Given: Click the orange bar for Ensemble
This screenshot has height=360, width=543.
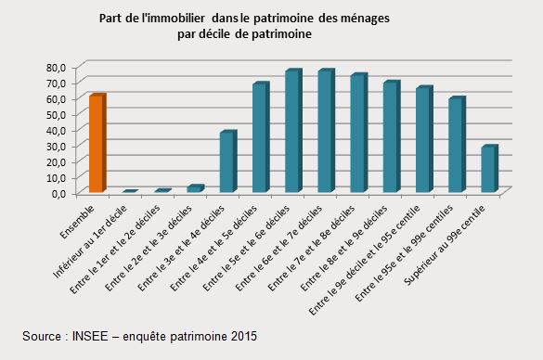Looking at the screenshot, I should pyautogui.click(x=97, y=144).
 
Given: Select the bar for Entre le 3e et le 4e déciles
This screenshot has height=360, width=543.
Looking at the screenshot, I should pyautogui.click(x=226, y=162).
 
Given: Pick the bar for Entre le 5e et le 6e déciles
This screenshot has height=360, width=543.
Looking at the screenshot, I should pyautogui.click(x=292, y=131).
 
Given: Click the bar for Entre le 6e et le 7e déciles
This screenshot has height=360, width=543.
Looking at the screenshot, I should pyautogui.click(x=325, y=131).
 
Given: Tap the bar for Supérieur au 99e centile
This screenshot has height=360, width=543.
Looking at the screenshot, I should pyautogui.click(x=488, y=169).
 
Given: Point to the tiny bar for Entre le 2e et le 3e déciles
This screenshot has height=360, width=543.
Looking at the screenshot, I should pyautogui.click(x=194, y=188).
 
